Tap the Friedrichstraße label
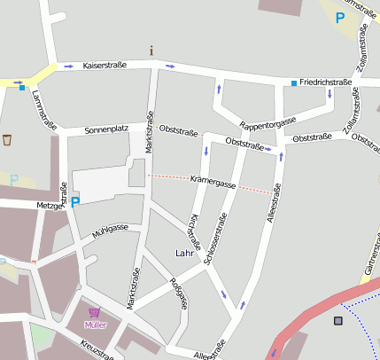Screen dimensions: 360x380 point(327,82)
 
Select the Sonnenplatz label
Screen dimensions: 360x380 point(107,130)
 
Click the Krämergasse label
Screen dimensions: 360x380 point(213,184)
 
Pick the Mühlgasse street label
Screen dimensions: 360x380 point(111,232)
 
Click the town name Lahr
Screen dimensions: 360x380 point(185,254)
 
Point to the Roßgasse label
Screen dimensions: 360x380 point(178,293)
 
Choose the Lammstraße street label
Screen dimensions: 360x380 point(36,111)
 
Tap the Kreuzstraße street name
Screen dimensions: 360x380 point(97,349)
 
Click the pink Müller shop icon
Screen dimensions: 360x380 point(94,313)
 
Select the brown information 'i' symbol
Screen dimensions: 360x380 point(151,50)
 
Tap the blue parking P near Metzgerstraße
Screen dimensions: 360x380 point(75,202)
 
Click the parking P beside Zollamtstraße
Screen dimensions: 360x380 point(340,17)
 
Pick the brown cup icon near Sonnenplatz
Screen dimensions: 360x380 point(8,139)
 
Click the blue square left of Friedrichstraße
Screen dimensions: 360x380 point(294,83)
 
